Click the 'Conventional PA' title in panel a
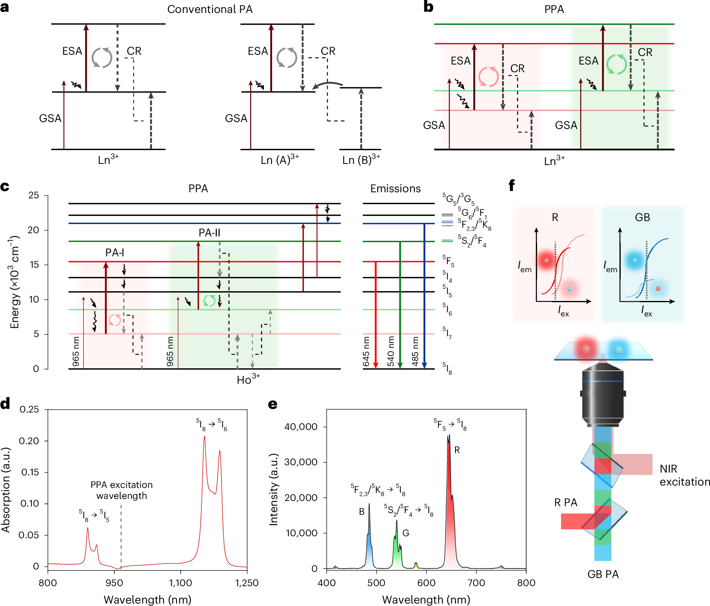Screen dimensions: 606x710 pyautogui.click(x=210, y=9)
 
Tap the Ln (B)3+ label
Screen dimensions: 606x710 pyautogui.click(x=361, y=159)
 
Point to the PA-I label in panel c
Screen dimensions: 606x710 pyautogui.click(x=114, y=253)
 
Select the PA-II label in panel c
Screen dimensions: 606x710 pyautogui.click(x=209, y=233)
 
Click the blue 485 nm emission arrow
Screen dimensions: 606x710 pyautogui.click(x=424, y=296)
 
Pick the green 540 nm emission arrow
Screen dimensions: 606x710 pyautogui.click(x=400, y=304)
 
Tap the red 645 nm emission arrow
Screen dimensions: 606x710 pyautogui.click(x=376, y=314)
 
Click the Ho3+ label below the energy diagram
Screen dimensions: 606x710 pyautogui.click(x=248, y=379)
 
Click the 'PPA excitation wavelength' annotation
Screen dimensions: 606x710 pyautogui.click(x=122, y=490)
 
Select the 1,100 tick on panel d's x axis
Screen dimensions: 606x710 pyautogui.click(x=180, y=583)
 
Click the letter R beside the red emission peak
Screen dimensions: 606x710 pyautogui.click(x=457, y=450)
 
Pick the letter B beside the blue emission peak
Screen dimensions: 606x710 pyautogui.click(x=361, y=511)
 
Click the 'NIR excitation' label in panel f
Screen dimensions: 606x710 pyautogui.click(x=684, y=475)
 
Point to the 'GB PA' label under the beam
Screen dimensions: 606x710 pyautogui.click(x=603, y=574)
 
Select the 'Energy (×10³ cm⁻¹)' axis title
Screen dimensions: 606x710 pyautogui.click(x=15, y=282)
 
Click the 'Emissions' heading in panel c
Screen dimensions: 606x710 pyautogui.click(x=395, y=189)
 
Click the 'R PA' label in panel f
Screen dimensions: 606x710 pyautogui.click(x=565, y=503)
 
